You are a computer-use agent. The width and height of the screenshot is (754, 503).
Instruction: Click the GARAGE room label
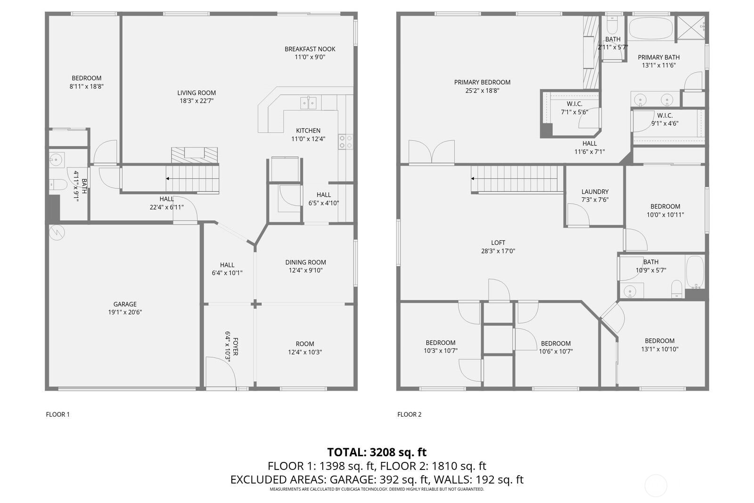125,304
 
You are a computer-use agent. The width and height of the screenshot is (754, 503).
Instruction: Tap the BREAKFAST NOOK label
310,49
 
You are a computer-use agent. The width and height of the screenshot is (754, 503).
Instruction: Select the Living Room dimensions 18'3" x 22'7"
197,101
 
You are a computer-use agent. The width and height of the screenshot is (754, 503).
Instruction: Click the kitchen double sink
309,102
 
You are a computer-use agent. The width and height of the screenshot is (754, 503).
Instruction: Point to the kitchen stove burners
345,142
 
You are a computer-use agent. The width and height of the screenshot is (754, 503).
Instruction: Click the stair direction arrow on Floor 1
168,179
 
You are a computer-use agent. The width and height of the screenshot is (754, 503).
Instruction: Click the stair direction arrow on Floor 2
473,179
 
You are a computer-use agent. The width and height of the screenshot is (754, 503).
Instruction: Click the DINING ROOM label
305,262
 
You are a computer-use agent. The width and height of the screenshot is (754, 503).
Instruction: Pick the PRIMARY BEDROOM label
482,82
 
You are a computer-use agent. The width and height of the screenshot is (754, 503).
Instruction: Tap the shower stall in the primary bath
691,28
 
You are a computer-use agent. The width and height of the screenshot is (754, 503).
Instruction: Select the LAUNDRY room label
595,192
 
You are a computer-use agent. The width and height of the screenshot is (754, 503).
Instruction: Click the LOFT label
498,243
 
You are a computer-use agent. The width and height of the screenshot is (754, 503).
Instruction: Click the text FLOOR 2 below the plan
409,414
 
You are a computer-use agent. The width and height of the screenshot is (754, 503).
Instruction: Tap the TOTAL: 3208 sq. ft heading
377,452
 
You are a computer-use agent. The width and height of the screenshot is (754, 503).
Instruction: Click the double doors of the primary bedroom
431,152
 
